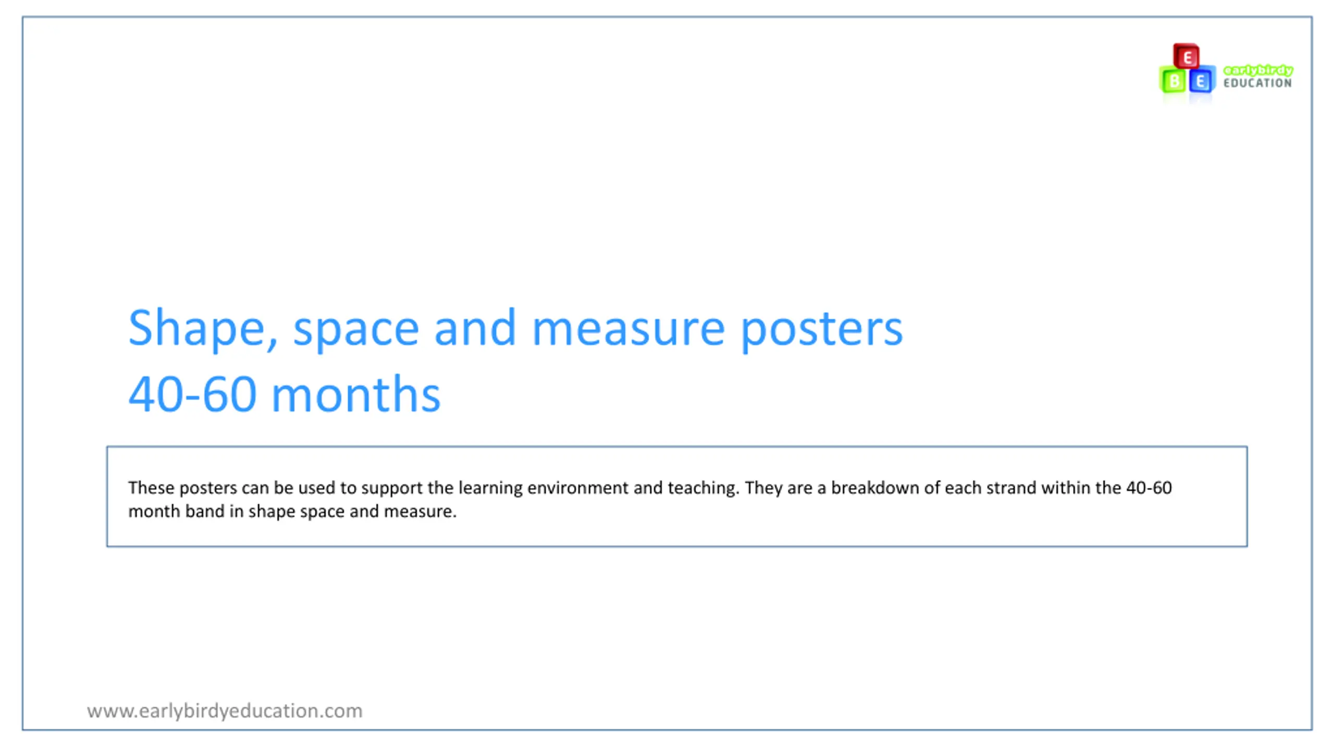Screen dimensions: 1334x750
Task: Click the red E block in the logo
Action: point(1186,56)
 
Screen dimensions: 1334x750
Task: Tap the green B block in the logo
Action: point(1173,80)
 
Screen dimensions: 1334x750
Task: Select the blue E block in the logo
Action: point(1202,80)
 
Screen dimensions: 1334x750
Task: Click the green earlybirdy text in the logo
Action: point(1258,70)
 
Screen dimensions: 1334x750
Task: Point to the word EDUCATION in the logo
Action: point(1257,83)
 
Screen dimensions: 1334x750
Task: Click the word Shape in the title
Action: point(203,329)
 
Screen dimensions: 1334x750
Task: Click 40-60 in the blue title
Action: point(192,394)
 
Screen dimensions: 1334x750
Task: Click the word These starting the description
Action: point(151,488)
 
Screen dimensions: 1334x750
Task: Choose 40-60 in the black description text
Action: point(1149,488)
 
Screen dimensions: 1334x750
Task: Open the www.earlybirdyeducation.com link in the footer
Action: point(225,711)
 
